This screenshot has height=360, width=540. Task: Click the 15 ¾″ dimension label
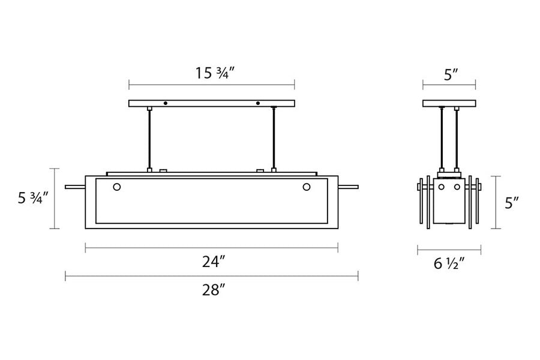pyautogui.click(x=215, y=73)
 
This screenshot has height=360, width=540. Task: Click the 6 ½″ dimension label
pyautogui.click(x=449, y=264)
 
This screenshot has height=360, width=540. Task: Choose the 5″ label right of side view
pyautogui.click(x=512, y=203)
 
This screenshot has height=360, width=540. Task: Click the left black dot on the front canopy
pyautogui.click(x=166, y=103)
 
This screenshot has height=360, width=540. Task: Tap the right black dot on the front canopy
pyautogui.click(x=257, y=103)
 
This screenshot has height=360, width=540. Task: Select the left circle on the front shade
pyautogui.click(x=117, y=187)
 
